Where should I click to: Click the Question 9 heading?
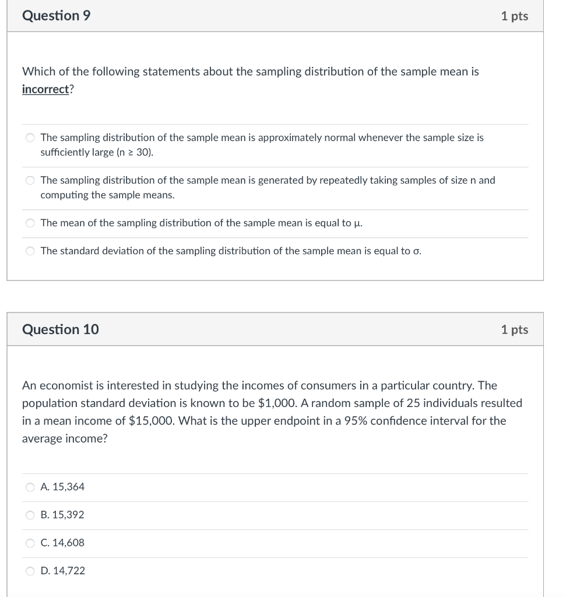point(56,16)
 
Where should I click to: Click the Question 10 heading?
point(60,329)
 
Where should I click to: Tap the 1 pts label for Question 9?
point(514,16)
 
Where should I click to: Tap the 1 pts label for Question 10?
point(514,329)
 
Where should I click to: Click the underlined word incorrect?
point(45,89)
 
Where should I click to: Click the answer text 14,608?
point(68,543)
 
